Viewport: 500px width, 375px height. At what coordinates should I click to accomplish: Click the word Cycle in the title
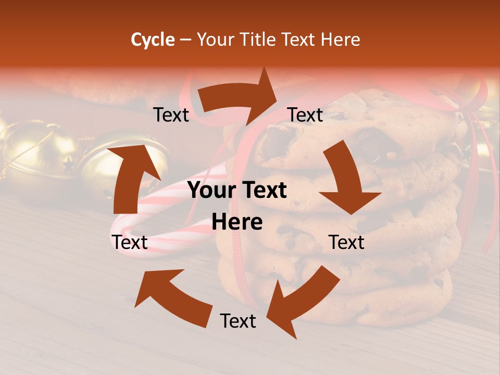click(x=153, y=40)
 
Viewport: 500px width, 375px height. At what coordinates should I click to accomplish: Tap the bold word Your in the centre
click(x=211, y=190)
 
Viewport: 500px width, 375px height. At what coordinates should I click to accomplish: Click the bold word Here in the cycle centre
click(x=237, y=222)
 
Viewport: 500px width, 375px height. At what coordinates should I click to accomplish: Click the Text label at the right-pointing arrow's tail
click(x=171, y=115)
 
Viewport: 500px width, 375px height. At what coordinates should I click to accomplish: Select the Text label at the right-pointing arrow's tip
click(x=305, y=115)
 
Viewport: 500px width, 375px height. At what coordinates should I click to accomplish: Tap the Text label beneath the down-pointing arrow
click(x=346, y=242)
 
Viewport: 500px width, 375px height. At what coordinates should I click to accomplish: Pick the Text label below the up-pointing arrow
click(x=130, y=242)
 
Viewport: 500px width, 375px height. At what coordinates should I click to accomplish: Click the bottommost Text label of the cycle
click(x=238, y=321)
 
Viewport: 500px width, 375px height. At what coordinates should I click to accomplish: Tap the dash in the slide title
click(x=185, y=40)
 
